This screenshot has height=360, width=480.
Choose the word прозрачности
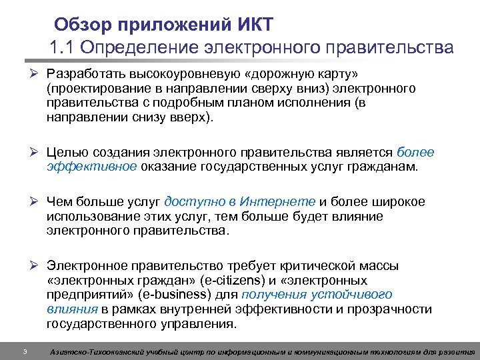pos(393,310)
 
